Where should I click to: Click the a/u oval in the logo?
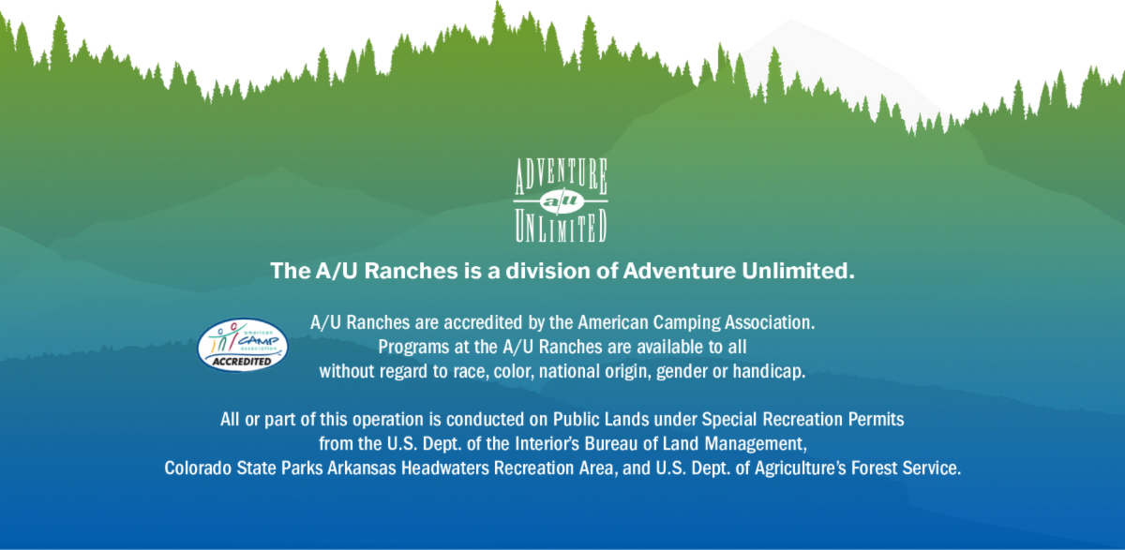click(x=562, y=201)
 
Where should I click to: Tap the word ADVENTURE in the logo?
click(x=561, y=175)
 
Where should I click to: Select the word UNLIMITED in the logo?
click(x=561, y=226)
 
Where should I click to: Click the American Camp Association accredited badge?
click(x=243, y=345)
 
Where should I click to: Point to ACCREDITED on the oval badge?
click(x=242, y=362)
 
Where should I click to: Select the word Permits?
click(x=876, y=420)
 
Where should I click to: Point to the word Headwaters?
click(x=445, y=468)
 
